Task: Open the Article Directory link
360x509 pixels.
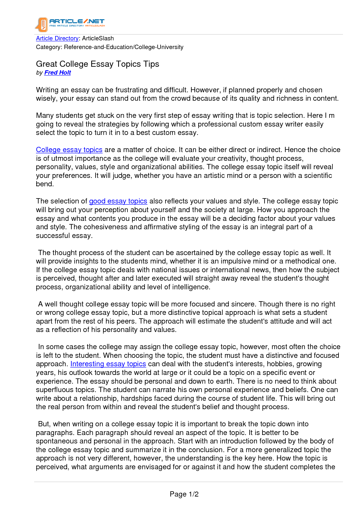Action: (57, 38)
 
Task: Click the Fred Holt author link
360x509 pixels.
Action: (57, 73)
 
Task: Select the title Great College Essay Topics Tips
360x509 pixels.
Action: (98, 64)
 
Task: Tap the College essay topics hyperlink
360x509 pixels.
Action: (69, 150)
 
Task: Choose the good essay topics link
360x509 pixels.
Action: (118, 201)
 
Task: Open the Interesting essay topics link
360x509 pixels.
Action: (108, 364)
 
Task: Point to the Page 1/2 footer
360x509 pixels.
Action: (184, 494)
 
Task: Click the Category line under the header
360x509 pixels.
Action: (109, 47)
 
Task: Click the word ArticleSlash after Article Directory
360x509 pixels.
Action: (98, 38)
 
